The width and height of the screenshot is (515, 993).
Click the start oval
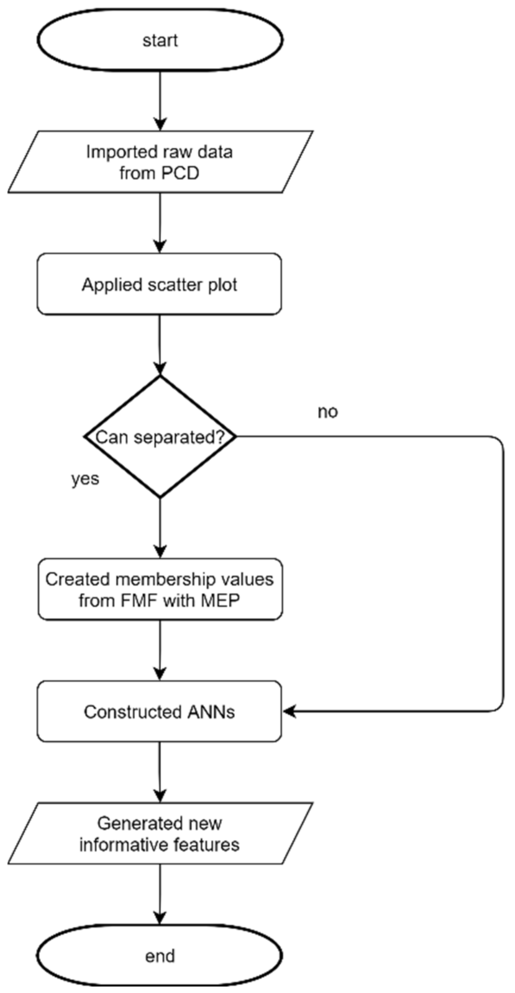coord(160,40)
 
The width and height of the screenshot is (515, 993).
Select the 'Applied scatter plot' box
coord(159,284)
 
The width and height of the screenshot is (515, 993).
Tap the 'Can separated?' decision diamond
coord(160,437)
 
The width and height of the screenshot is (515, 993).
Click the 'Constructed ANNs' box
coord(159,711)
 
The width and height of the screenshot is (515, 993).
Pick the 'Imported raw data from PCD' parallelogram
coord(160,162)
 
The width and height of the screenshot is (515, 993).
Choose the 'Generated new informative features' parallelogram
coord(160,833)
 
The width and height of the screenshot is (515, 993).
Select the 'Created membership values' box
coord(160,589)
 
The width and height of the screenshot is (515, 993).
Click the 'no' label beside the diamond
coord(327,412)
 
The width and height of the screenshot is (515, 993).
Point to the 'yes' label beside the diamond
coord(85,479)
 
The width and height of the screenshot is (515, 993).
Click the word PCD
coord(180,173)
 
